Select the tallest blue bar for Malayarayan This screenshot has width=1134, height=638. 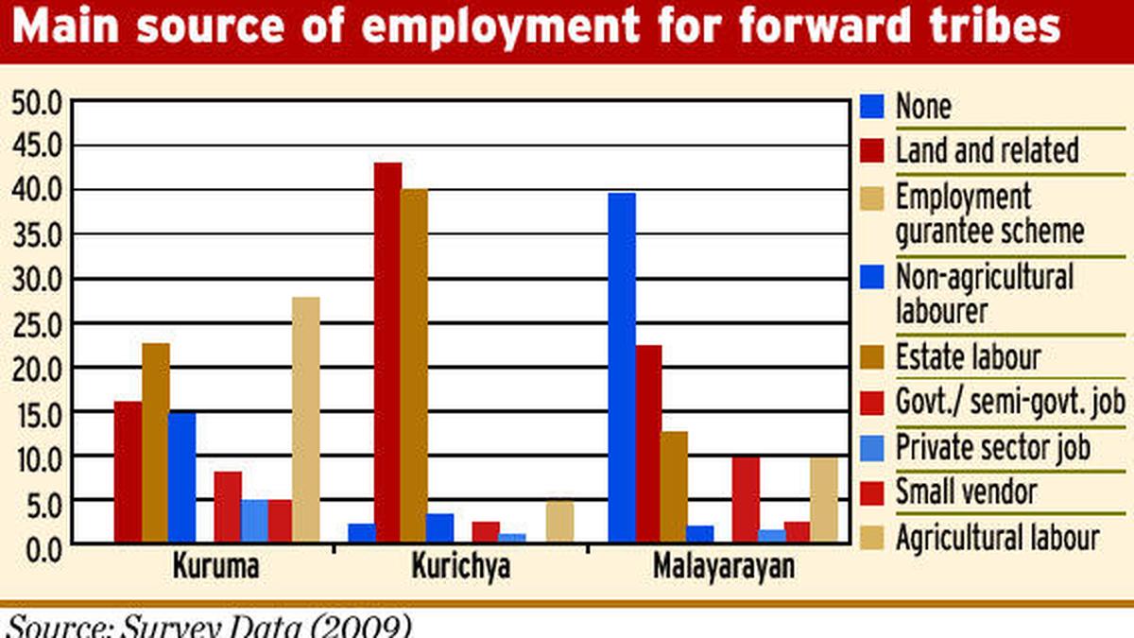(622, 368)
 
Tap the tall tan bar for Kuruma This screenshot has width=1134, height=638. (305, 420)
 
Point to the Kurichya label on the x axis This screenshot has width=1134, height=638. (461, 567)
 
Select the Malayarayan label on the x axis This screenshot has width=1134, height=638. (724, 567)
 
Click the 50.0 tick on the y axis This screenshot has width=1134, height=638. (36, 102)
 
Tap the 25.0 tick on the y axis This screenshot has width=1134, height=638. (36, 323)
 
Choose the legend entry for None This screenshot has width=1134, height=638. (923, 106)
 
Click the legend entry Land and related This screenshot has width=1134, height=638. (987, 149)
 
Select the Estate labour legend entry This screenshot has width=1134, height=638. (968, 357)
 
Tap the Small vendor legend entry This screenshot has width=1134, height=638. (966, 491)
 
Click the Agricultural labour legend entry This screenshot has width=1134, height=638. (997, 537)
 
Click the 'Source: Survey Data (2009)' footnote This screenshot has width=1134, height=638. (209, 626)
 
